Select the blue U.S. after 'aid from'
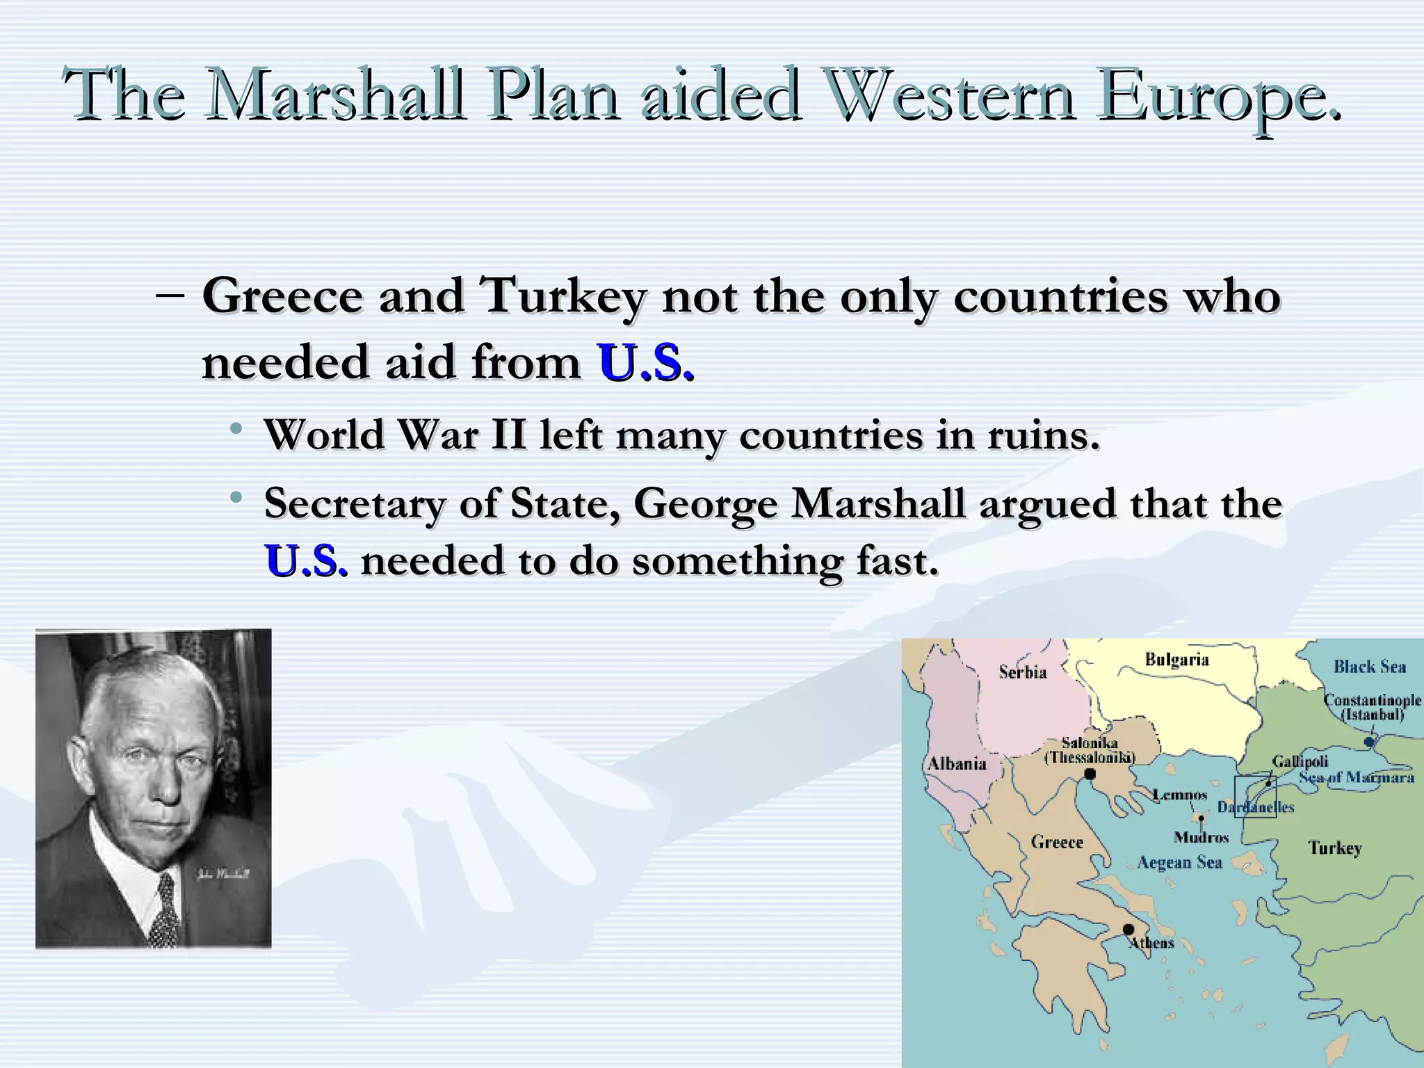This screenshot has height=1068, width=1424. point(645,363)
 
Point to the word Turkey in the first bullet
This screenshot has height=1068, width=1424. point(562,296)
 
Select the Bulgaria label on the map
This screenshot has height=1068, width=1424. point(1176,659)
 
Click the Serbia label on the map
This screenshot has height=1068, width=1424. point(1022,672)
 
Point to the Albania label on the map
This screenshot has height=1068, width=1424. point(957,763)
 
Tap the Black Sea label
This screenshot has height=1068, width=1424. point(1369,667)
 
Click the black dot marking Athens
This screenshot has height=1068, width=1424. point(1128,930)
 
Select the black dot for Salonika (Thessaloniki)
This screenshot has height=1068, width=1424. point(1090,774)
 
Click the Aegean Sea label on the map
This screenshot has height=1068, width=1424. point(1179,863)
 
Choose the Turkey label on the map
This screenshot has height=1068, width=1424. point(1335,848)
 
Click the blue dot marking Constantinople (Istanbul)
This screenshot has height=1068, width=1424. point(1369,742)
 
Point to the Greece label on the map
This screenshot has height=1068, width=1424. point(1057,842)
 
